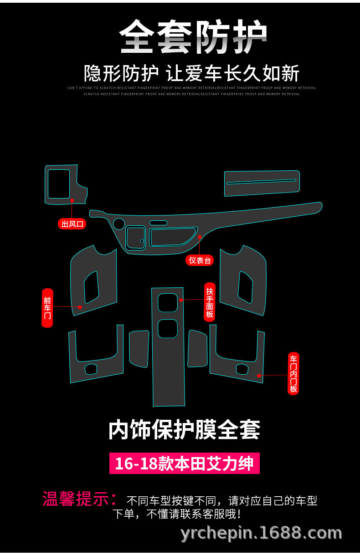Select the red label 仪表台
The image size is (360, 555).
click(200, 260)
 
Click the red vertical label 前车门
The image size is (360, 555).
click(47, 308)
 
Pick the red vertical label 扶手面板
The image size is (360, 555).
click(209, 301)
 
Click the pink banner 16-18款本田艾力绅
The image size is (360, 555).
click(184, 463)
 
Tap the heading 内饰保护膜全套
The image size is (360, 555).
click(184, 429)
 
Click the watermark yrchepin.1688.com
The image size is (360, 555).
click(261, 533)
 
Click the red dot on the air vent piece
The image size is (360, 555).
click(72, 200)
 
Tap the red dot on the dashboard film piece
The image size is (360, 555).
click(200, 237)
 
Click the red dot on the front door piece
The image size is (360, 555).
click(80, 307)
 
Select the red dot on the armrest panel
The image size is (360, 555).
click(181, 300)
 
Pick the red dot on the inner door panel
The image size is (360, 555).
click(259, 376)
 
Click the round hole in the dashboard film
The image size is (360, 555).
click(119, 224)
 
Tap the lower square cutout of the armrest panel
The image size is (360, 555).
click(167, 328)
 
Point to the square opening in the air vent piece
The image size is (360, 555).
click(59, 183)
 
